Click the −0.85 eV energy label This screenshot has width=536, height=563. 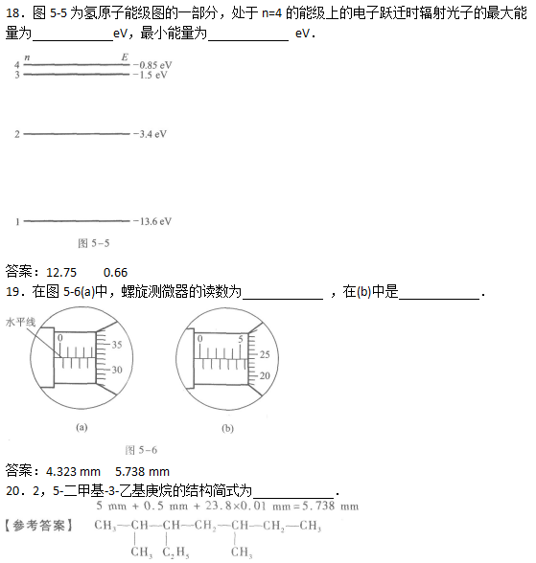[x=152, y=65]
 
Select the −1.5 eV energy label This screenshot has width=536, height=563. [x=150, y=75]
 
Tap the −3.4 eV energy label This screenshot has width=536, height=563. [x=150, y=134]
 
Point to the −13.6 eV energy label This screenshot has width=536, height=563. [x=152, y=221]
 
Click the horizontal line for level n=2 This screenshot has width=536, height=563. [x=77, y=134]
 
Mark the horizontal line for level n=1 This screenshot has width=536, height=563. [x=77, y=221]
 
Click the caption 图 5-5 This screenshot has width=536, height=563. [x=93, y=243]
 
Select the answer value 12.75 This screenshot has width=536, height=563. [x=61, y=273]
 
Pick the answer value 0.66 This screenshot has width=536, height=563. [x=115, y=273]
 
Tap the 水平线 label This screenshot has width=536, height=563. [x=20, y=322]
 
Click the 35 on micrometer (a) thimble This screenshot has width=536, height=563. [x=117, y=345]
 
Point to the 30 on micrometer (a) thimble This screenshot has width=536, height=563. [x=117, y=370]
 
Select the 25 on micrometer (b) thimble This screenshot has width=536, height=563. [x=265, y=354]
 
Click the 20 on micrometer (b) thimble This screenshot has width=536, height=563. [x=265, y=376]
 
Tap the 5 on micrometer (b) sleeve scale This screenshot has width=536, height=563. [x=241, y=339]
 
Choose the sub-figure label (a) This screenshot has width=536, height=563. [x=82, y=427]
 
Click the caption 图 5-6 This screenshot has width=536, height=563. [x=141, y=450]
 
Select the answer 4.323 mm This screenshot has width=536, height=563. [x=73, y=471]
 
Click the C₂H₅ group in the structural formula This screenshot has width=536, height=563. [x=175, y=552]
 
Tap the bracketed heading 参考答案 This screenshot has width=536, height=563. [x=38, y=526]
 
